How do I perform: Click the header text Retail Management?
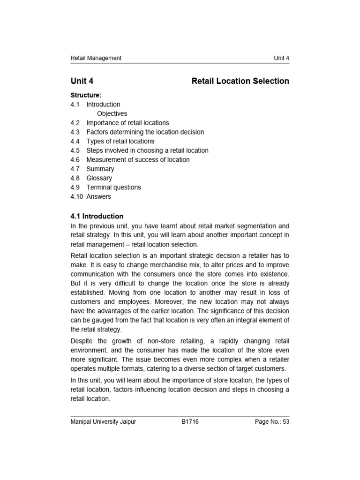coord(96,58)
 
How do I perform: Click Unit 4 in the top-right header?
coord(281,58)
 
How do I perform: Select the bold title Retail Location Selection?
coord(240,81)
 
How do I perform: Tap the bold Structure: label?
coord(86,95)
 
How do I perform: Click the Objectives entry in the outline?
coord(112,113)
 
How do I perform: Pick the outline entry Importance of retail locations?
coord(127,123)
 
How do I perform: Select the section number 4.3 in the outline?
coord(75,132)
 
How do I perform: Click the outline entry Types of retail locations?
coord(120,141)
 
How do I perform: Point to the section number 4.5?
coord(75,150)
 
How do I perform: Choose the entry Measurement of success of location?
coord(138,159)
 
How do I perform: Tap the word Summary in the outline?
coord(100,169)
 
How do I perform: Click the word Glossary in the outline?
coord(99,178)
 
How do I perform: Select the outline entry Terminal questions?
coord(113,187)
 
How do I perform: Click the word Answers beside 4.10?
coord(98,196)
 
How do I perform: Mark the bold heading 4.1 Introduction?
coord(97,216)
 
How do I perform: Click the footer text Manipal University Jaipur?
coord(103,422)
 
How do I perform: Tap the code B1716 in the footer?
coord(190,422)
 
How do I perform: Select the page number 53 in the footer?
coord(285,422)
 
